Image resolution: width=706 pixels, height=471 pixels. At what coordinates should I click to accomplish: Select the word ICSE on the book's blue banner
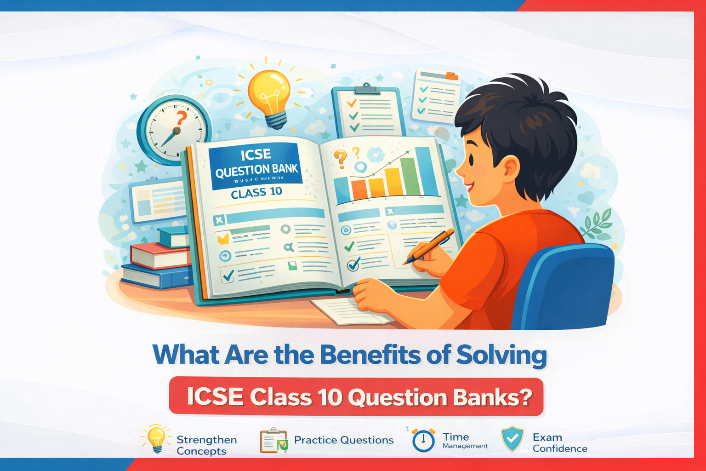point(256,155)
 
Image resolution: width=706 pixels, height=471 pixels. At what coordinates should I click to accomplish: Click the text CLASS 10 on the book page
point(256,192)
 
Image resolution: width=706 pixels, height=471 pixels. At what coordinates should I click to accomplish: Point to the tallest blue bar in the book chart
point(426,171)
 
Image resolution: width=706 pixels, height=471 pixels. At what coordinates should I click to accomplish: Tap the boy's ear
point(510,168)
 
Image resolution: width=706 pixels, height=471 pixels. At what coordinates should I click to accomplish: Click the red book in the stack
point(159,256)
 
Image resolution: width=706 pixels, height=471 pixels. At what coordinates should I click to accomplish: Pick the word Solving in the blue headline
point(501,355)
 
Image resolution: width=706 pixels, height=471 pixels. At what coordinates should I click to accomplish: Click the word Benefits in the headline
point(370,355)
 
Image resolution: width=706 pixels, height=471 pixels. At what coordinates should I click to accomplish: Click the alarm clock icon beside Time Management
point(423,440)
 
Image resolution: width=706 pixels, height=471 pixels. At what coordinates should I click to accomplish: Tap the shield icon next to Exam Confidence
point(512,439)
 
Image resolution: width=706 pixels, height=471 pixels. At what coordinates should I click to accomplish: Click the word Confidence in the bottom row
point(560,448)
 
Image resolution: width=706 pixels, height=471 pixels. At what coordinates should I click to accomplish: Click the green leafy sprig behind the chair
point(598,223)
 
